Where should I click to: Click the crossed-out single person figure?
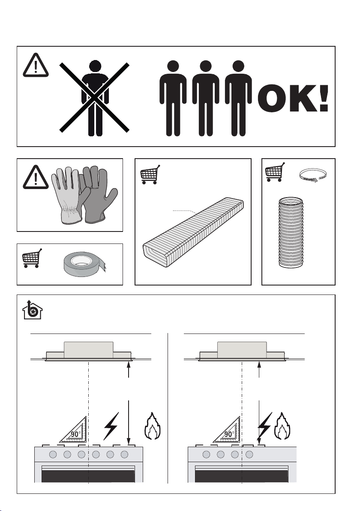95,98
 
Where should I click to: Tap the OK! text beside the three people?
293,99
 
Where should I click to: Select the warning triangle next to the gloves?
36,177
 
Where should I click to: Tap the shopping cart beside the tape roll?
32,258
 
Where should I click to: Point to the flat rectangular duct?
193,232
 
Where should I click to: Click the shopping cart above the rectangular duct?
150,174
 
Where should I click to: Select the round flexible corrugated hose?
291,232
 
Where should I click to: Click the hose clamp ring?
313,175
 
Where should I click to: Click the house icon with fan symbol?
32,309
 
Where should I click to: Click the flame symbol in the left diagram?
152,426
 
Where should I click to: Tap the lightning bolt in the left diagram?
111,426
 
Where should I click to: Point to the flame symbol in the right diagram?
282,426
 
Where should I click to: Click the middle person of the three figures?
206,98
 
